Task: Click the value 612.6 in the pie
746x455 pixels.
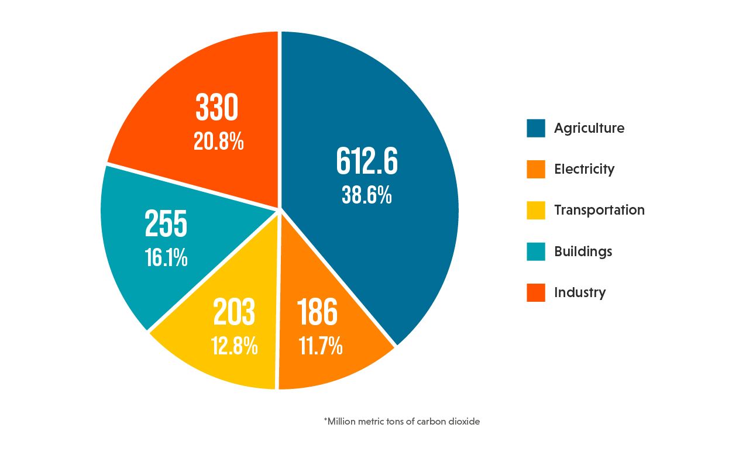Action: [x=367, y=162]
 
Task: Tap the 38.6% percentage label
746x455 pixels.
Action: [x=367, y=195]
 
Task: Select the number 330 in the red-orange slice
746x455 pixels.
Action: [x=217, y=109]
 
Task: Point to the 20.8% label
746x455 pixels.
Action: [x=218, y=142]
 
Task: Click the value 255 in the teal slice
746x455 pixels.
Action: [x=166, y=225]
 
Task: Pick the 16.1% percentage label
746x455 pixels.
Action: [x=166, y=258]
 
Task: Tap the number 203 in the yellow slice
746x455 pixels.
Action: [x=234, y=312]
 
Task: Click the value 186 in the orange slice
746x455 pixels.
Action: [x=318, y=312]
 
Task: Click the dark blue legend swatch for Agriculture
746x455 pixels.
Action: [x=535, y=128]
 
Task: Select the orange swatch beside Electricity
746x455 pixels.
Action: [x=535, y=169]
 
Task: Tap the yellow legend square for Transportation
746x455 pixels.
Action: [x=535, y=210]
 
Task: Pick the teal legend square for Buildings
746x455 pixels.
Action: [x=535, y=251]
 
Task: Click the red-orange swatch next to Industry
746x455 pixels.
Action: [x=535, y=292]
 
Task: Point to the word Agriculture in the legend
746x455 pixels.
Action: [x=589, y=129]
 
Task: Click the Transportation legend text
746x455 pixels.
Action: [x=599, y=210]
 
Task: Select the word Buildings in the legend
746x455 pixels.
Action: [x=583, y=251]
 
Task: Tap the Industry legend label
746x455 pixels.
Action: [x=580, y=292]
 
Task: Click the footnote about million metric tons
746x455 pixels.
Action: [x=401, y=421]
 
